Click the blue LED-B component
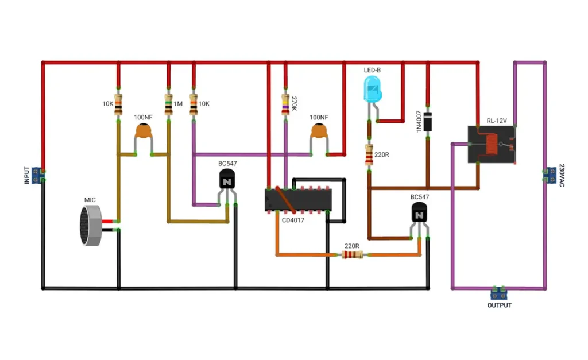pos(372,89)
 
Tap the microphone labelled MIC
pos(91,226)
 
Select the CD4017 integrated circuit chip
pos(298,199)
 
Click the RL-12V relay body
pos(492,144)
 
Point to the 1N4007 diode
pos(427,122)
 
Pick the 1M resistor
pos(168,104)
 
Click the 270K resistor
pos(285,104)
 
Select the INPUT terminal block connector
pos(37,176)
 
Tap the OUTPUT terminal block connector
pos(499,293)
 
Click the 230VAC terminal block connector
pos(550,175)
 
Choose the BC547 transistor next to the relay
pos(419,213)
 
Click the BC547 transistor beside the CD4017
pos(227,179)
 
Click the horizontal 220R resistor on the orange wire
pos(352,255)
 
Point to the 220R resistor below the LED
pos(369,155)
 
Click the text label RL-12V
pos(497,121)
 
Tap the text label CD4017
pos(293,220)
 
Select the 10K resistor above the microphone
pos(118,104)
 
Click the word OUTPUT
pos(499,305)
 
